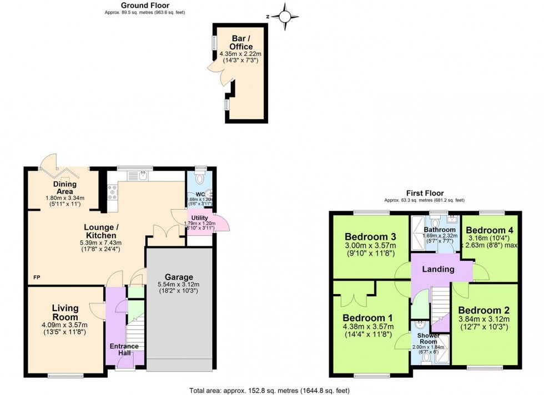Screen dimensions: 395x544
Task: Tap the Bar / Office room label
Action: coord(241,43)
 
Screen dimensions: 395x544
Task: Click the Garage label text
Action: coord(179,277)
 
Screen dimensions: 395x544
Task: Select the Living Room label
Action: coord(66,312)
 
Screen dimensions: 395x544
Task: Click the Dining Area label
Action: coord(65,188)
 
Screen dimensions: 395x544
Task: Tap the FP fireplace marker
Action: coord(37,277)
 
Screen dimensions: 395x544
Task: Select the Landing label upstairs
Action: coord(439,270)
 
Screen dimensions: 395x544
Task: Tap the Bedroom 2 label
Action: coord(483,310)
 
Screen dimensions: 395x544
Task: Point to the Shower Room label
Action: coord(426,339)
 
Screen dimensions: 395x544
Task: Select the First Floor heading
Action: coord(424,194)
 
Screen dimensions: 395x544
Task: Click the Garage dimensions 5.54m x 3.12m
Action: coord(179,287)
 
